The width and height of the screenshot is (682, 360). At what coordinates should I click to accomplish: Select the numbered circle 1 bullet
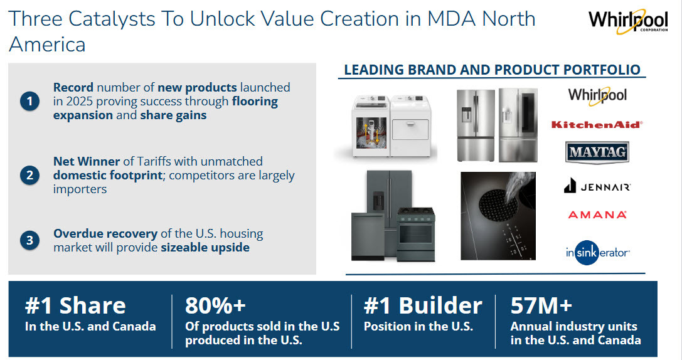(29, 101)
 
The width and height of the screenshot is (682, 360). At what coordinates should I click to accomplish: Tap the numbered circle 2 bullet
(29, 176)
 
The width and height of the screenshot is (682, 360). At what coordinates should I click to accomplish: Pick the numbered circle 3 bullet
(29, 241)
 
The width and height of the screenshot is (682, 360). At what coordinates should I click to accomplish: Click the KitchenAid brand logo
(596, 124)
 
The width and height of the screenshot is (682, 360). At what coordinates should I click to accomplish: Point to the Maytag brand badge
(597, 152)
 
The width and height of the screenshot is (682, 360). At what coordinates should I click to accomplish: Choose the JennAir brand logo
(597, 186)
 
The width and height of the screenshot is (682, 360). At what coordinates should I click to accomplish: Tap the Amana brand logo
(597, 214)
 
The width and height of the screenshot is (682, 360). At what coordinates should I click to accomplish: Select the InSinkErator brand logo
(597, 252)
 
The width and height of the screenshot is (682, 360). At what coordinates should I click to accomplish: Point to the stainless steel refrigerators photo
(497, 124)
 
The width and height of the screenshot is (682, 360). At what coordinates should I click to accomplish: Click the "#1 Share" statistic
(75, 305)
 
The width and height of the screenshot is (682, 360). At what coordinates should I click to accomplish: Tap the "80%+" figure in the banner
(215, 305)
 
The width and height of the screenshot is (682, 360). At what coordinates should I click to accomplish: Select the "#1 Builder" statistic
(423, 305)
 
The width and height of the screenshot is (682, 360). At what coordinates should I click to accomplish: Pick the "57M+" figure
(541, 305)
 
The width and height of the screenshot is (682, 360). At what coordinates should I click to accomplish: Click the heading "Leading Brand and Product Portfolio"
(492, 70)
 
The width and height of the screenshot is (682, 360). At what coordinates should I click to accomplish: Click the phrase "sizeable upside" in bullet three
(205, 247)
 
